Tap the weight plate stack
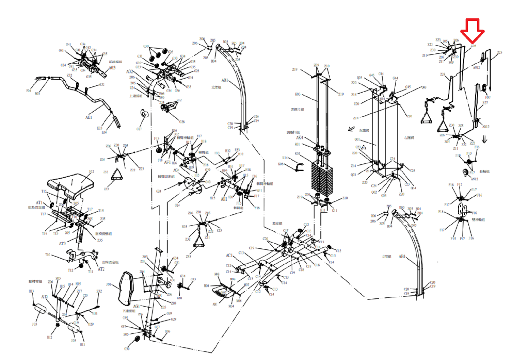point(322,178)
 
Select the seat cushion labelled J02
point(70,185)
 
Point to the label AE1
point(89,117)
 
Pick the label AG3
point(112,68)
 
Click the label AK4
point(299,138)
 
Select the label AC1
point(229,255)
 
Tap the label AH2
point(44,297)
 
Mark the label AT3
point(62,243)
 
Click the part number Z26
point(473,46)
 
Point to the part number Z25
point(500,52)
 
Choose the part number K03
point(297,94)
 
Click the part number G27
point(139,129)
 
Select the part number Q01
point(357,139)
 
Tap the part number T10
point(47,255)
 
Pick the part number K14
point(285,158)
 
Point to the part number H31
point(95,313)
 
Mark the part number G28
point(182,122)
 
